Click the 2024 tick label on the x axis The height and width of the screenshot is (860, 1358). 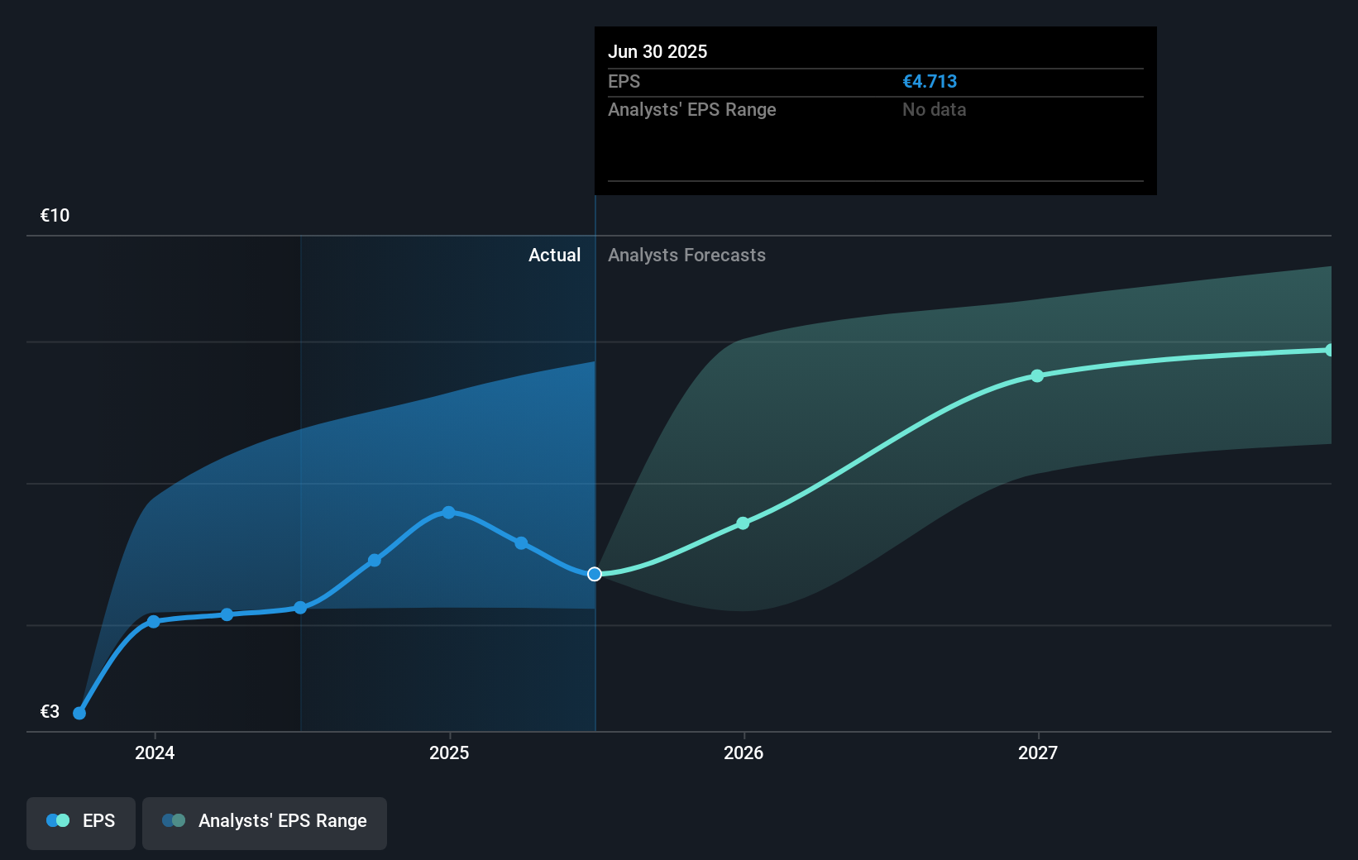coord(155,752)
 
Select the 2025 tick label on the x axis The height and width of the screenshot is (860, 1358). coord(449,752)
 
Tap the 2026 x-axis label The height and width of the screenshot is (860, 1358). coord(744,752)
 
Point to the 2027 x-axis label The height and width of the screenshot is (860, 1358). coord(1038,752)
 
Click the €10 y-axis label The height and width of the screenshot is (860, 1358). coord(55,216)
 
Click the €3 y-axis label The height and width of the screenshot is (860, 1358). coord(50,711)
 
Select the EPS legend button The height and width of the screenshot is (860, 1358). coord(81,821)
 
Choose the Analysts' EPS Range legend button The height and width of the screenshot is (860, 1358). coord(265,821)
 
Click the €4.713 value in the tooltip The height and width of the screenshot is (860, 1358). coord(930,82)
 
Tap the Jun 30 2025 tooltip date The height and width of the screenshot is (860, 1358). coord(657,52)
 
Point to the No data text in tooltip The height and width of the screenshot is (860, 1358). coord(934,110)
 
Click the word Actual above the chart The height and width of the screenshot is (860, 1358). coord(554,256)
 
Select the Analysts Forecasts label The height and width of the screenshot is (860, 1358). coord(686,256)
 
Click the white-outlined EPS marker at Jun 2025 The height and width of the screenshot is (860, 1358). coord(595,574)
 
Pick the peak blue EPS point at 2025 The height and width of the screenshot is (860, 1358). coord(448,513)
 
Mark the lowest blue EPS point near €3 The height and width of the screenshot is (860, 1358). coord(79,713)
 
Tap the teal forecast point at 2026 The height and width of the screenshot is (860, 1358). coord(743,523)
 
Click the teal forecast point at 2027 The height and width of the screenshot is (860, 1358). coord(1037,376)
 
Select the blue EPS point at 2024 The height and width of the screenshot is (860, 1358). coord(153,622)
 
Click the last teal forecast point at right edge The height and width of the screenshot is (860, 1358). coord(1329,351)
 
